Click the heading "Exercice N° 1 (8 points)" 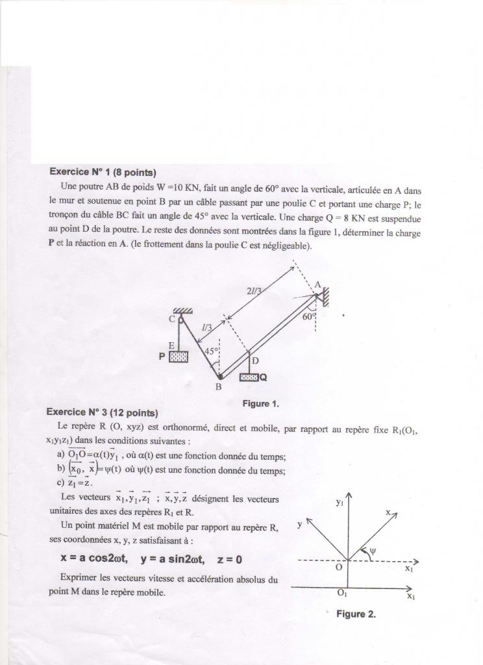pos(103,173)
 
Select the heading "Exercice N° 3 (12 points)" pos(102,412)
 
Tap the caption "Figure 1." pos(260,404)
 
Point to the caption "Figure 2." pos(356,614)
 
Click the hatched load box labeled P pos(179,357)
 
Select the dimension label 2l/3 pos(254,292)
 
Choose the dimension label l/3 pos(206,329)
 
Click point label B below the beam pos(219,388)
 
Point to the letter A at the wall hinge pos(317,284)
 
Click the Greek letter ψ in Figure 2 pos(373,552)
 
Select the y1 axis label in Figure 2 pos(340,502)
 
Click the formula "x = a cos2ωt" pos(93,558)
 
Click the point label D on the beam pos(255,360)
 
